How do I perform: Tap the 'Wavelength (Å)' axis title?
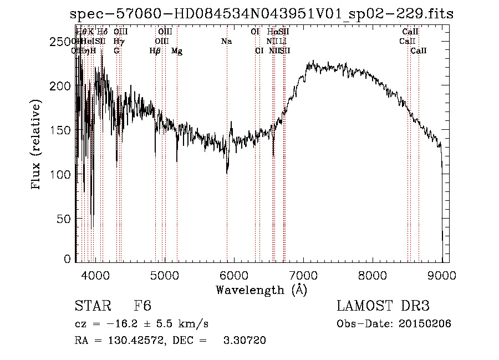coord(261,290)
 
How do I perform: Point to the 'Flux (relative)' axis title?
coord(37,145)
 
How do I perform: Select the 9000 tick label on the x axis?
coord(442,274)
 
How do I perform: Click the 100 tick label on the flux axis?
coord(64,175)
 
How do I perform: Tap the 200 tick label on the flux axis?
coord(64,87)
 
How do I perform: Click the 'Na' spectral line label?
coord(226,42)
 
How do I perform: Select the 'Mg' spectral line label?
coord(177,51)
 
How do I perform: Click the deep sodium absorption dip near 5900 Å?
coord(227,170)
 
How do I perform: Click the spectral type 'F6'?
coord(142,306)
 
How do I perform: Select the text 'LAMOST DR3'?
coord(383,306)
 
